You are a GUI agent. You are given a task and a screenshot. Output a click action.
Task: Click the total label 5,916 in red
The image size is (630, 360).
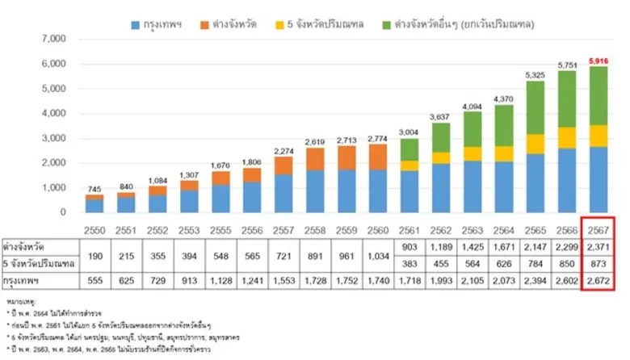598,61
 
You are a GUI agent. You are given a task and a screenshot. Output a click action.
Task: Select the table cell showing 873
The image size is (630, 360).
598,263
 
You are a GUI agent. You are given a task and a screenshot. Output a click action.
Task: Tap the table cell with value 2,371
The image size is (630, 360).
598,245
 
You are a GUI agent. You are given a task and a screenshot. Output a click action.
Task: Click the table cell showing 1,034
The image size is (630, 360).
374,255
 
